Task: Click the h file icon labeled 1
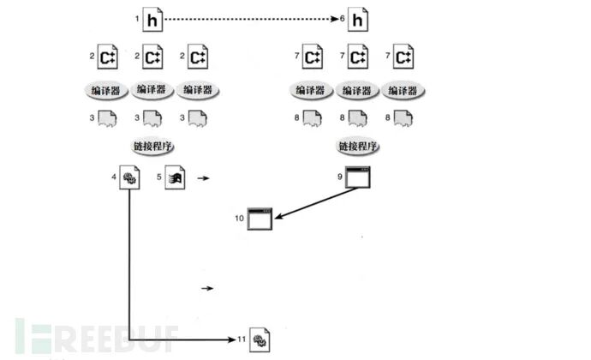tap(152, 18)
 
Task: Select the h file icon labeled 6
tap(357, 18)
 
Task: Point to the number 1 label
tap(137, 17)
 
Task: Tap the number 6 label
tap(343, 17)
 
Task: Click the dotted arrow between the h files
tap(253, 17)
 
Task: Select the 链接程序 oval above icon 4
tap(152, 146)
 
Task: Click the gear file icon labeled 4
tap(130, 178)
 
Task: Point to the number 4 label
tap(115, 177)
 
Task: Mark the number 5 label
tap(160, 177)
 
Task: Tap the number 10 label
tap(239, 219)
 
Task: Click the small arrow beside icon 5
tap(205, 178)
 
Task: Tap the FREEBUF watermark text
tap(94, 336)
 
